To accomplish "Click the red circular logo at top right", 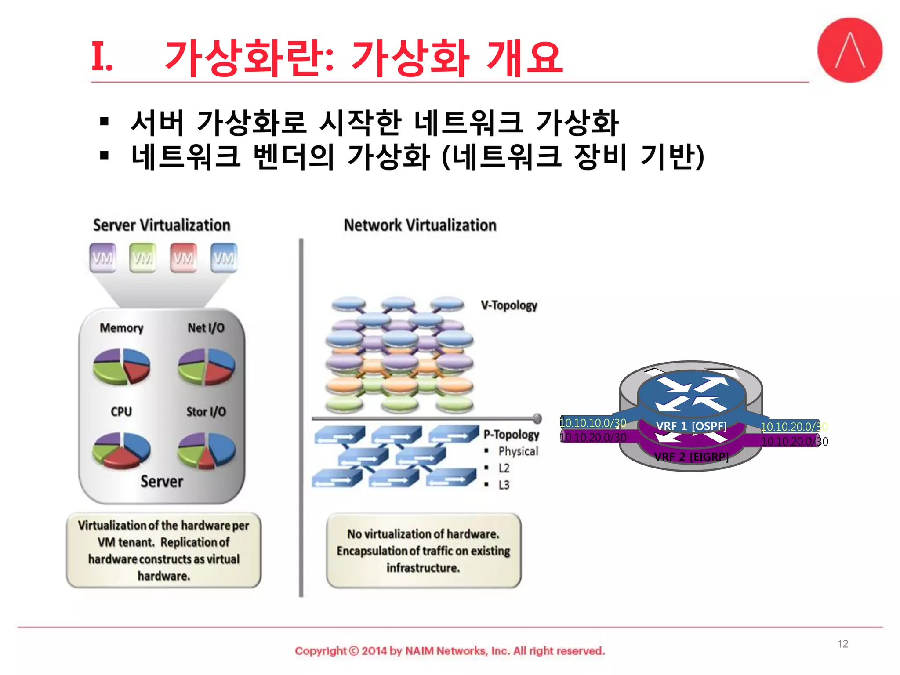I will coord(849,50).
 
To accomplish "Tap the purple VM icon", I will coord(102,258).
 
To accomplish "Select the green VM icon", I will coord(143,258).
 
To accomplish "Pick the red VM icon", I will coord(183,258).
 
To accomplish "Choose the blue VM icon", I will coord(224,258).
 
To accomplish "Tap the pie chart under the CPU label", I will coord(122,450).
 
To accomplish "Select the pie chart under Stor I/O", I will coord(206,450).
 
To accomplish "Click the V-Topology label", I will coord(509,305).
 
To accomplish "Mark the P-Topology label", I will coord(511,434).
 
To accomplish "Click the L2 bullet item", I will coord(504,468).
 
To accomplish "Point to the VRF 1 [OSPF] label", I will coord(691,426).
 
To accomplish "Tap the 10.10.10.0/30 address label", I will coord(593,423).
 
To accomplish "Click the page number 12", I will coord(842,644).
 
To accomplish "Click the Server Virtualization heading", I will coord(162,225).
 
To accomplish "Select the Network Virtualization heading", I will coord(420,225).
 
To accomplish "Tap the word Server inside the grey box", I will coord(162,481).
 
